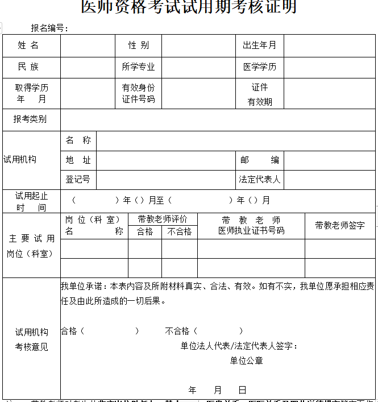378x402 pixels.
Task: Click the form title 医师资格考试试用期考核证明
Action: click(x=189, y=7)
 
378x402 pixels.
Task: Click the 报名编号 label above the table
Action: click(x=50, y=28)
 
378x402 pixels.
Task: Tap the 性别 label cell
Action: click(x=138, y=45)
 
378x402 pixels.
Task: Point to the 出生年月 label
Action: click(x=259, y=45)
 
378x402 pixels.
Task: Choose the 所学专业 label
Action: click(x=138, y=67)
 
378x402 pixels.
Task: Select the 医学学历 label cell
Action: click(x=259, y=67)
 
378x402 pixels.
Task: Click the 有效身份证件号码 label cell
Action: click(x=138, y=93)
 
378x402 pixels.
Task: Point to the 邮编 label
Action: click(x=259, y=160)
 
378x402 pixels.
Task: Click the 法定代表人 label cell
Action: click(x=259, y=179)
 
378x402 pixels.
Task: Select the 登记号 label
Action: click(x=78, y=179)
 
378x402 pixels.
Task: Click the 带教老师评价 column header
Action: click(x=163, y=219)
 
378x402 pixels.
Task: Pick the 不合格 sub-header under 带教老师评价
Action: click(x=180, y=231)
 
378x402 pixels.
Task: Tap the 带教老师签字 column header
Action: click(x=340, y=225)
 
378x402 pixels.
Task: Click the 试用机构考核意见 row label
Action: click(x=32, y=339)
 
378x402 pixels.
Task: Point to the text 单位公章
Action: click(x=246, y=360)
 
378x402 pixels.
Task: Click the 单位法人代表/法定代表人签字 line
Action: click(x=239, y=346)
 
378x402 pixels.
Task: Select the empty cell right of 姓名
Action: click(x=88, y=45)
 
